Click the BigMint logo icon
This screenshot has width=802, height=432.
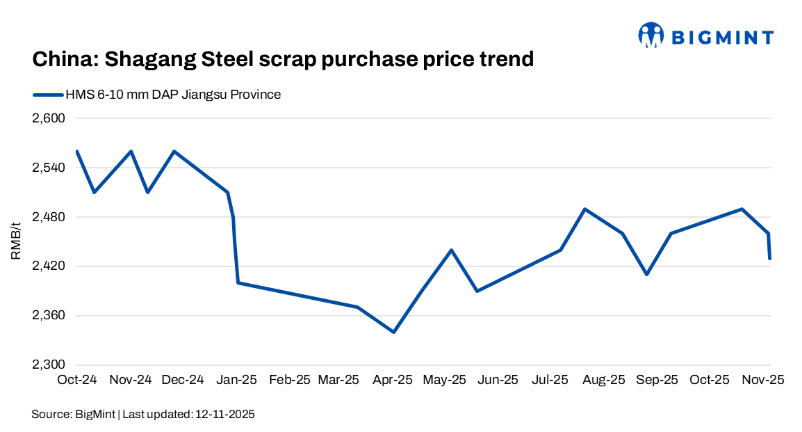pos(651,35)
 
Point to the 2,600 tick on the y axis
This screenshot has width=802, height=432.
pos(48,118)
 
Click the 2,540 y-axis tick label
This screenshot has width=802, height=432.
pos(48,168)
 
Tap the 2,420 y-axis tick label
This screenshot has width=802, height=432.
pos(48,266)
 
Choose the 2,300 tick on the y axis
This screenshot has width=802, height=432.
pos(48,365)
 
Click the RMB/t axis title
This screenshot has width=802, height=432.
pos(16,241)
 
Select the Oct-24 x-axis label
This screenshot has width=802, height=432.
pos(76,381)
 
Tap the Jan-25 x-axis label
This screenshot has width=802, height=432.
pos(237,381)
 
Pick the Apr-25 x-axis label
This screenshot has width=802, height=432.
pos(393,381)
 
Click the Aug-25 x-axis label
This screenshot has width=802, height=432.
pos(604,381)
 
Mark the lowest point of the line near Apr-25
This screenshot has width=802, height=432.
pos(393,332)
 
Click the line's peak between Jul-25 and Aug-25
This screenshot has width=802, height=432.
pos(585,209)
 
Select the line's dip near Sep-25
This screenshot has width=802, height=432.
pos(646,274)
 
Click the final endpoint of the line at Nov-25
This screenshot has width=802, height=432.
pos(769,259)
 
